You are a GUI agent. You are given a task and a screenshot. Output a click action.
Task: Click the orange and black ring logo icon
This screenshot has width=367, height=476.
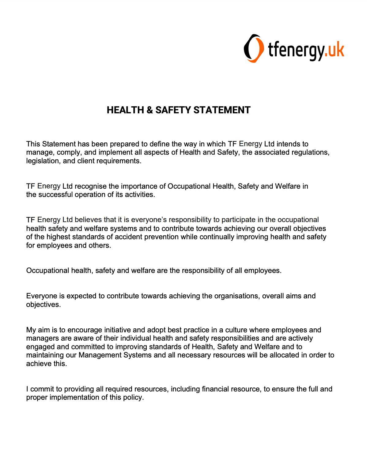click(x=254, y=48)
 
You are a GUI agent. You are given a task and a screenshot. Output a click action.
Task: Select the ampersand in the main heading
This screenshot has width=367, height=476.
click(x=149, y=110)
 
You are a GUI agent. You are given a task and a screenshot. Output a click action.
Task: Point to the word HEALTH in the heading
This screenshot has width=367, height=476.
click(x=125, y=110)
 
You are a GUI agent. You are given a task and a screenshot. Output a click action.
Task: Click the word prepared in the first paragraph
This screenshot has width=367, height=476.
click(x=124, y=144)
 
